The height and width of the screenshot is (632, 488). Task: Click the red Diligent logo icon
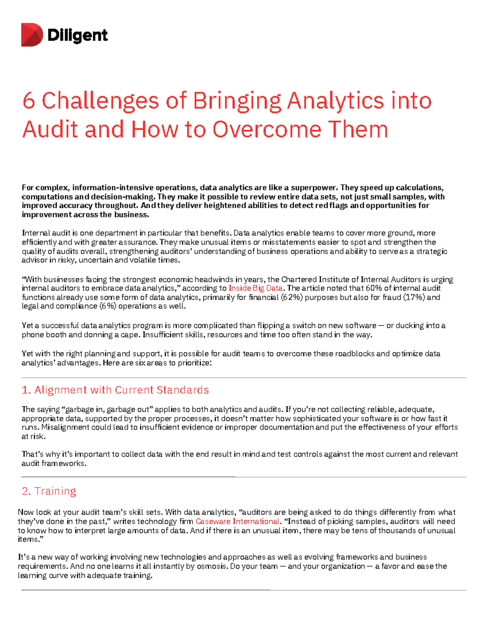click(32, 35)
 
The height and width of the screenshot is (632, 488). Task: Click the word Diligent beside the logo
click(78, 35)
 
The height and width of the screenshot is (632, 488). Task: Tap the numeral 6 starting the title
click(28, 101)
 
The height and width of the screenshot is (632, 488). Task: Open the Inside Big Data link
click(255, 288)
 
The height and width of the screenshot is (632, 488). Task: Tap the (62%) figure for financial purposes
click(291, 297)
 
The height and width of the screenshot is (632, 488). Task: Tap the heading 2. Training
click(49, 491)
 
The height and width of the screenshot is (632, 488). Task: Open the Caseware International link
click(237, 521)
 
